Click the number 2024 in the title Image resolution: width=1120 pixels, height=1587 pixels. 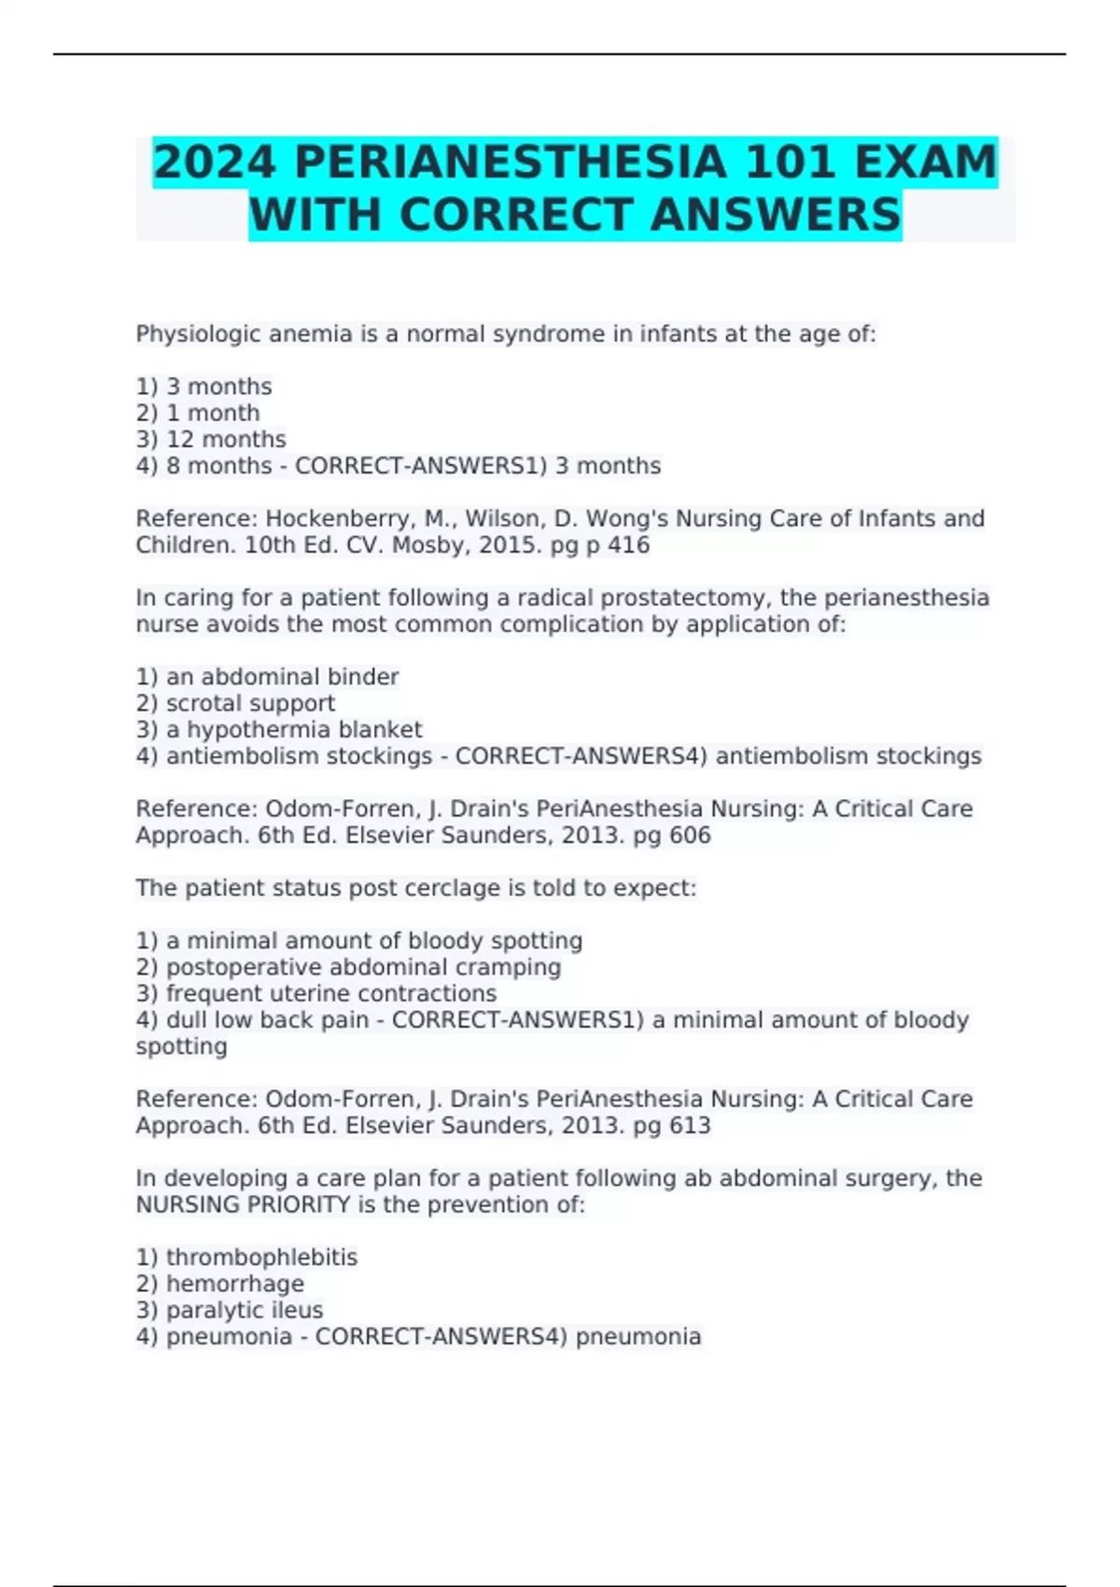point(215,162)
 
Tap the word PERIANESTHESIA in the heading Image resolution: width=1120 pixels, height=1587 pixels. point(511,162)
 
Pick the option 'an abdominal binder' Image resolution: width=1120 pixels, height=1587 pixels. point(282,677)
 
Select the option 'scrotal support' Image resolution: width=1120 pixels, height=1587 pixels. point(250,703)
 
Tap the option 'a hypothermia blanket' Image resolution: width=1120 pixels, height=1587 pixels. point(294,729)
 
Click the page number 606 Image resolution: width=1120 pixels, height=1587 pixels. point(690,835)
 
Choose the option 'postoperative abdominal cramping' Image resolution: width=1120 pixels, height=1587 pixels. point(363,967)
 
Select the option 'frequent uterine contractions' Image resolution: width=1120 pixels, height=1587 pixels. point(331,993)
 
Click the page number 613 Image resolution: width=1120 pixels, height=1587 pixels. point(690,1125)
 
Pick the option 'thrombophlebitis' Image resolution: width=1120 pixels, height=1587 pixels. point(261,1257)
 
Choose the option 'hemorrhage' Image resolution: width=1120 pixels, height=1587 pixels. point(234,1284)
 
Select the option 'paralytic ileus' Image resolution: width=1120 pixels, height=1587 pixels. point(245,1310)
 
